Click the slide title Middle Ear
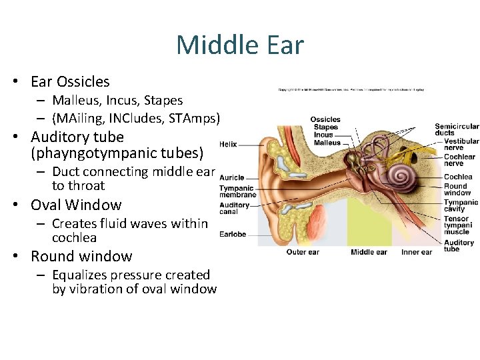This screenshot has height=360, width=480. (240, 45)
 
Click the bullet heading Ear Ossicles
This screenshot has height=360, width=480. (70, 81)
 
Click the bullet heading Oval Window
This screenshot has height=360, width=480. (76, 205)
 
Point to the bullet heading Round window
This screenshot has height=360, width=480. (81, 256)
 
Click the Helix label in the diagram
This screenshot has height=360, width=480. (227, 144)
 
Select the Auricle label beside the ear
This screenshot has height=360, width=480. (231, 178)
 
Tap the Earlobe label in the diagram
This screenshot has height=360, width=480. (233, 234)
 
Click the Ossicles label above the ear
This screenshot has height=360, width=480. (325, 120)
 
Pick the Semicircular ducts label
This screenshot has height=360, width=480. (457, 129)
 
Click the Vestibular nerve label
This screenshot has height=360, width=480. (461, 145)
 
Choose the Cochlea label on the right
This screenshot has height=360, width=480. (458, 177)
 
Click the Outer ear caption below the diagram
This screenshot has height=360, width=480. (303, 252)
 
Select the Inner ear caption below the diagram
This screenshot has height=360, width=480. (417, 252)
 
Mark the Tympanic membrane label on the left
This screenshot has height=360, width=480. (237, 192)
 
